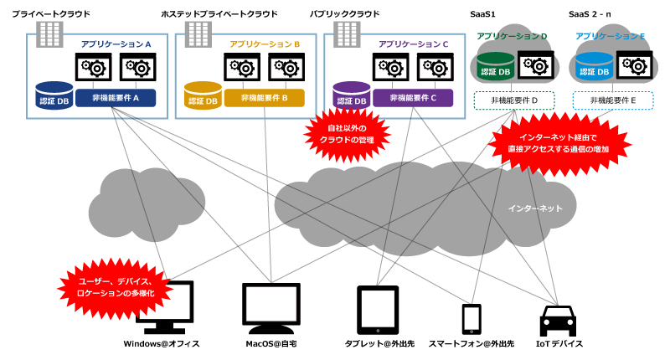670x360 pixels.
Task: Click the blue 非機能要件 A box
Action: coord(116,98)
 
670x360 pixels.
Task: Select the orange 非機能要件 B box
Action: coord(264,98)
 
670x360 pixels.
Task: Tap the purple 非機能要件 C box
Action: coord(413,98)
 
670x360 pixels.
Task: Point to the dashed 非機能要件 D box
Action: coord(514,100)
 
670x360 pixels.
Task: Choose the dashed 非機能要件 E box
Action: coord(613,100)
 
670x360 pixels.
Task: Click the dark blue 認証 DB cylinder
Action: coord(54,95)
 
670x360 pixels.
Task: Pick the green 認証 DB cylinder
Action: coord(496,67)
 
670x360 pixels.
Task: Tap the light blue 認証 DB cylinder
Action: coord(595,67)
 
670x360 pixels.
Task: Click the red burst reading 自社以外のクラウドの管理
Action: coord(347,134)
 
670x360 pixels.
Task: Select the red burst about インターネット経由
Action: coord(559,143)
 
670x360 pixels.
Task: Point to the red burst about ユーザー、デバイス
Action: coord(116,287)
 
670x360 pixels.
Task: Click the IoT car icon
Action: coord(558,321)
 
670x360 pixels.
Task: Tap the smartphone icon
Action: coord(472,319)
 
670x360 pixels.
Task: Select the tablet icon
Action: coord(378,310)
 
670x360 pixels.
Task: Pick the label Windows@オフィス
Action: coord(162,344)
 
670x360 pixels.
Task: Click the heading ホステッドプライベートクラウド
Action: coord(219,14)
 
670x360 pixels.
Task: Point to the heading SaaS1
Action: coord(483,14)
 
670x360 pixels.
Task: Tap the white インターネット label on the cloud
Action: coord(535,208)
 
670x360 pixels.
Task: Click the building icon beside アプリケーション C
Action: coord(347,34)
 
